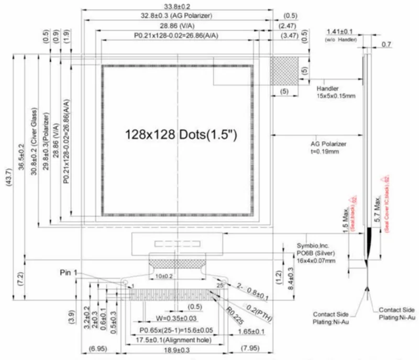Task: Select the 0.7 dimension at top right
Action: [x=386, y=44]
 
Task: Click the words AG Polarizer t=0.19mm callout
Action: [x=329, y=147]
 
